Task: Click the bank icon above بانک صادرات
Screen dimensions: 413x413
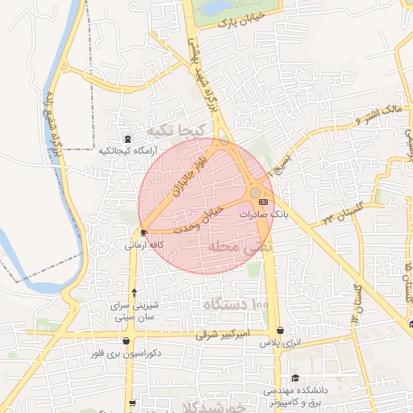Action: click(264, 202)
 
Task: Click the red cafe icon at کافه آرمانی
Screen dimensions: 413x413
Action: click(144, 232)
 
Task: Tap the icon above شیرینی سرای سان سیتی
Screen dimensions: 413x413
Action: click(134, 292)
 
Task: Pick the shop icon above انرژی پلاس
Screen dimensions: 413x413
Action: click(280, 331)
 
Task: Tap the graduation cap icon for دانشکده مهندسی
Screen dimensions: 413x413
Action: click(295, 378)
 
